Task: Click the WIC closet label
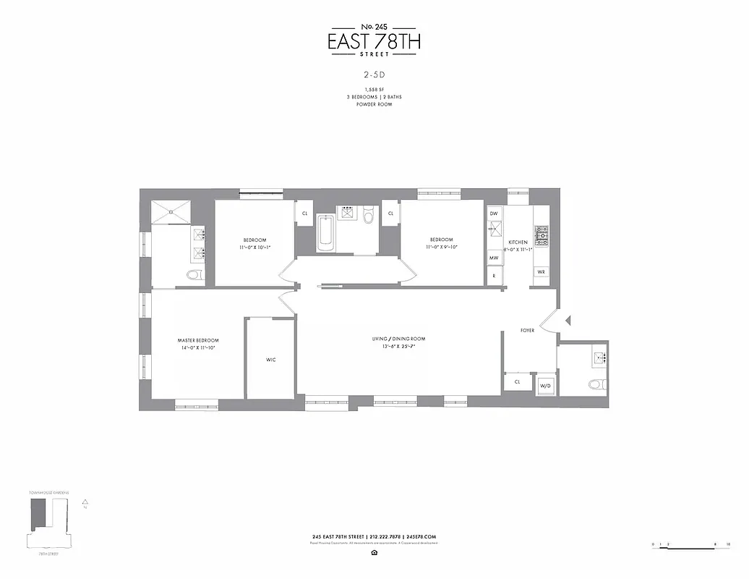270,360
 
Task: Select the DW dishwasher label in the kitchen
495,214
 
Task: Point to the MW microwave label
495,258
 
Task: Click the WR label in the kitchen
541,272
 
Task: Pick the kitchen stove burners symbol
542,234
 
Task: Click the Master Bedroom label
198,340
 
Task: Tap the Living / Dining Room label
398,339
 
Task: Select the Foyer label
528,331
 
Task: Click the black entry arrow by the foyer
569,321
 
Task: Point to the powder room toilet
596,384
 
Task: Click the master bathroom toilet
194,274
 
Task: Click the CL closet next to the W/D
518,381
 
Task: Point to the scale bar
690,544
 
